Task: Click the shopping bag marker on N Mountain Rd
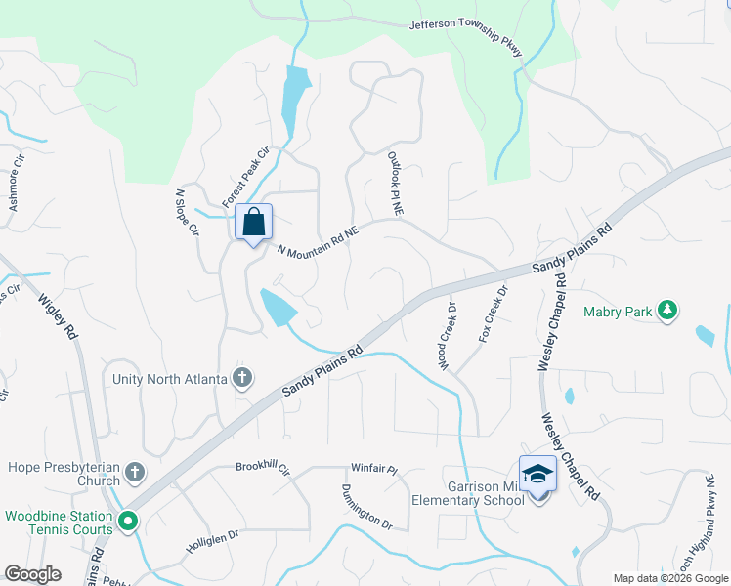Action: (x=253, y=223)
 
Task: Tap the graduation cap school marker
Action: (x=537, y=474)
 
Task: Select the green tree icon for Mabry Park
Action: (x=668, y=310)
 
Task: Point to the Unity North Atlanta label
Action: (x=171, y=379)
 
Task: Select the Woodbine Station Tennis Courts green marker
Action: (x=128, y=523)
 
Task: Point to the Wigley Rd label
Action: (x=59, y=310)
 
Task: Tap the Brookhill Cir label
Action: (x=263, y=468)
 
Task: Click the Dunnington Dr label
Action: (x=366, y=507)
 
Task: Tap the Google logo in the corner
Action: (x=32, y=574)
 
